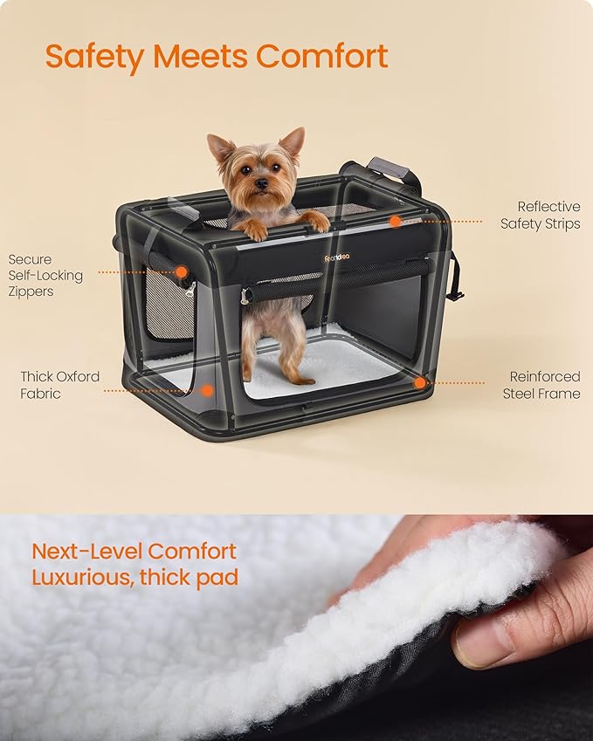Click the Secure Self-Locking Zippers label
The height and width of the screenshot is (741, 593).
point(45,275)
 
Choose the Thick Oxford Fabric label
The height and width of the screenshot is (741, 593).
point(59,385)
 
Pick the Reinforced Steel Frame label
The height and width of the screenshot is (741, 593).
point(541,385)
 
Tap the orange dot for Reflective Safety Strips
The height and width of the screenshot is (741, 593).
point(395,222)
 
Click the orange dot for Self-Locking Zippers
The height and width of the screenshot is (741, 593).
point(182,272)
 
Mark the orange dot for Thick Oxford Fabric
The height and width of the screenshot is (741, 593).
point(206,390)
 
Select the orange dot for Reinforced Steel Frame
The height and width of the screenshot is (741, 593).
point(420,382)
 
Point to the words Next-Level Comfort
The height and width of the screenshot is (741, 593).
point(134,552)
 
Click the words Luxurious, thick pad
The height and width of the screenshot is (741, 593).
point(134,577)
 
